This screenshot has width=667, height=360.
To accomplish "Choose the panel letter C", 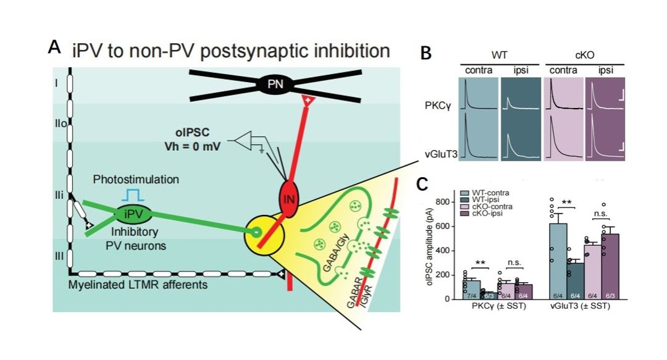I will tap(426, 186).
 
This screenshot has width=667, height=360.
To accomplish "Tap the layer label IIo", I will tap(59, 124).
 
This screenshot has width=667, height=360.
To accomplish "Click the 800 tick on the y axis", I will tap(458, 202).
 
